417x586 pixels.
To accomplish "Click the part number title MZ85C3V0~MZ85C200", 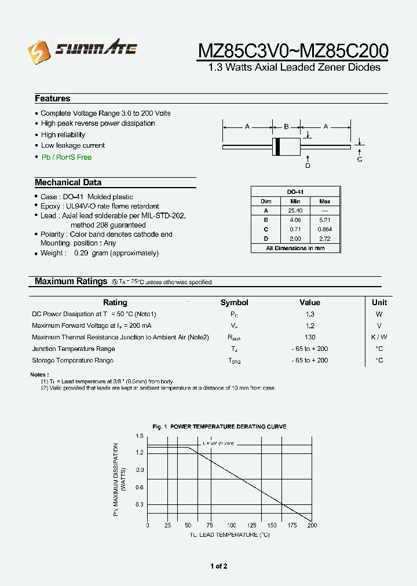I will pos(293,51).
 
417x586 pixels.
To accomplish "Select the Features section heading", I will pos(53,98).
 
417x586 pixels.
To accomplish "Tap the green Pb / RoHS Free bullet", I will pos(66,157).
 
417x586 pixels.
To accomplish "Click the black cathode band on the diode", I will pos(277,146).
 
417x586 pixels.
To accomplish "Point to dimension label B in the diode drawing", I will pos(286,126).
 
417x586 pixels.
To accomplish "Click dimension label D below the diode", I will pos(308,166).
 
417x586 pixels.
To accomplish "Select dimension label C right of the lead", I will pos(360,159).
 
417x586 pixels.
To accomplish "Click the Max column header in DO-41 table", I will pos(325,201).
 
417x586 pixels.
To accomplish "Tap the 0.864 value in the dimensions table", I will pos(325,229).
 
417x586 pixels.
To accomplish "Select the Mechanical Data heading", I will pos(68,182).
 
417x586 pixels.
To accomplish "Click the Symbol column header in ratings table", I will pos(234,302).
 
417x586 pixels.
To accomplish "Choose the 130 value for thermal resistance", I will pos(310,337).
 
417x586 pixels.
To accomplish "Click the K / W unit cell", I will pos(379,337).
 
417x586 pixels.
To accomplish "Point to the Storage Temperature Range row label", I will pos(73,360).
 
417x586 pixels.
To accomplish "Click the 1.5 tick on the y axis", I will pos(139,435).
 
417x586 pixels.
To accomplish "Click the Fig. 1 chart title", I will pos(219,426).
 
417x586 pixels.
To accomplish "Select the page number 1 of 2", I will pos(219,566).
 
